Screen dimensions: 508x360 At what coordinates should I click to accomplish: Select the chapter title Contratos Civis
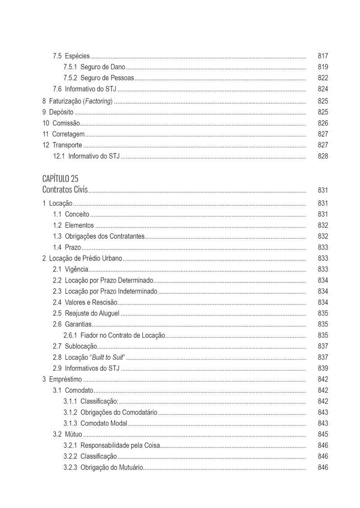coord(65,189)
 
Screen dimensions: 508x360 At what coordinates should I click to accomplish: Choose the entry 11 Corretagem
coord(64,134)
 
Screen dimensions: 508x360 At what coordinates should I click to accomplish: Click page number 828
coord(323,156)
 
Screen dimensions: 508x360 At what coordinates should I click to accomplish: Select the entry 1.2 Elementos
coord(74,225)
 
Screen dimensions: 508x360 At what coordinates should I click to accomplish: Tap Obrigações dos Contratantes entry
coord(104,236)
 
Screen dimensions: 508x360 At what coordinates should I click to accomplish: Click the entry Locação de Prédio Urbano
coord(85,258)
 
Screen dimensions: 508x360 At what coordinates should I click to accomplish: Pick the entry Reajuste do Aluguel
coord(92,313)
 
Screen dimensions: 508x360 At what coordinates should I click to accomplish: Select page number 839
coord(323,368)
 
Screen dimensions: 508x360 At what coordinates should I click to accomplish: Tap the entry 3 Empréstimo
coord(63,379)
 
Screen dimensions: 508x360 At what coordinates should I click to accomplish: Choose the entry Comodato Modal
coord(103,423)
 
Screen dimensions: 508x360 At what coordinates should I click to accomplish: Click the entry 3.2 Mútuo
coord(68,434)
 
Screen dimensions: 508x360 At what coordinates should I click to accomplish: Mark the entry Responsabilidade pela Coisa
coord(120,445)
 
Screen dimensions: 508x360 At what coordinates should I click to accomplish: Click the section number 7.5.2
coord(70,78)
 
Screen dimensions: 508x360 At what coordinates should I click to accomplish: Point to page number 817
coord(323,56)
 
